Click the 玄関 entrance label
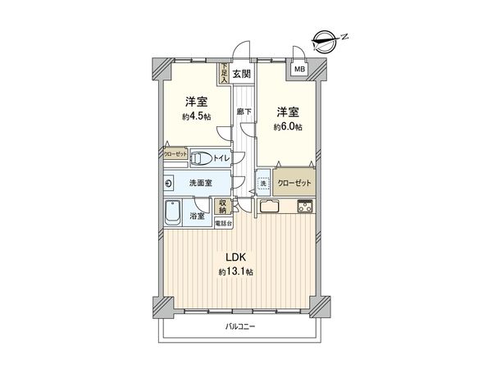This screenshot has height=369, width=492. click(241, 75)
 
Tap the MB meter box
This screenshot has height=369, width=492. click(299, 70)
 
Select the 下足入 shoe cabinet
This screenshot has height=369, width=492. click(222, 75)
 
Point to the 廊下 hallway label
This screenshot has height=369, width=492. click(243, 112)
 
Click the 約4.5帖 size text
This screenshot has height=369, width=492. click(195, 116)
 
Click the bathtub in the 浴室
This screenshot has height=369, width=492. click(174, 213)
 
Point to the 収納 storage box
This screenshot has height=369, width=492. click(223, 208)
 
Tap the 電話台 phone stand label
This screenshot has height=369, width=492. click(223, 222)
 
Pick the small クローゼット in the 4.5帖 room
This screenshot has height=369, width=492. click(175, 153)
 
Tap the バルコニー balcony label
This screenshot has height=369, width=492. click(240, 327)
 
